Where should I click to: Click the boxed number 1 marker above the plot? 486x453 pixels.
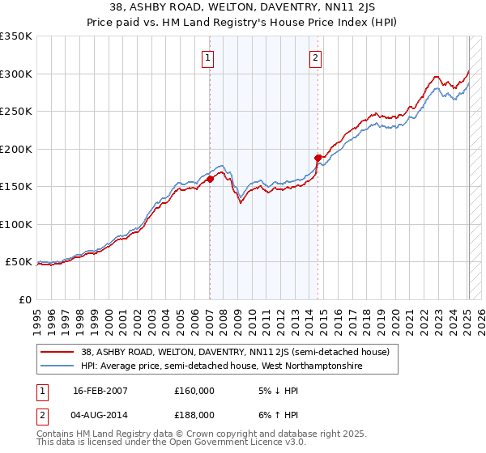[209, 57]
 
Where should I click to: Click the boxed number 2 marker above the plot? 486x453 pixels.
[315, 57]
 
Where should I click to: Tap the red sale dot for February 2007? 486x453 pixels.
[210, 179]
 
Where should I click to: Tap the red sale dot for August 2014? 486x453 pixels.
[318, 158]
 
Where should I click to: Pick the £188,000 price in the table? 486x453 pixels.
[194, 415]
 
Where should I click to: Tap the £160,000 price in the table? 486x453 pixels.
[194, 391]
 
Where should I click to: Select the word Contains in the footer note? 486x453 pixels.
[56, 434]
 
